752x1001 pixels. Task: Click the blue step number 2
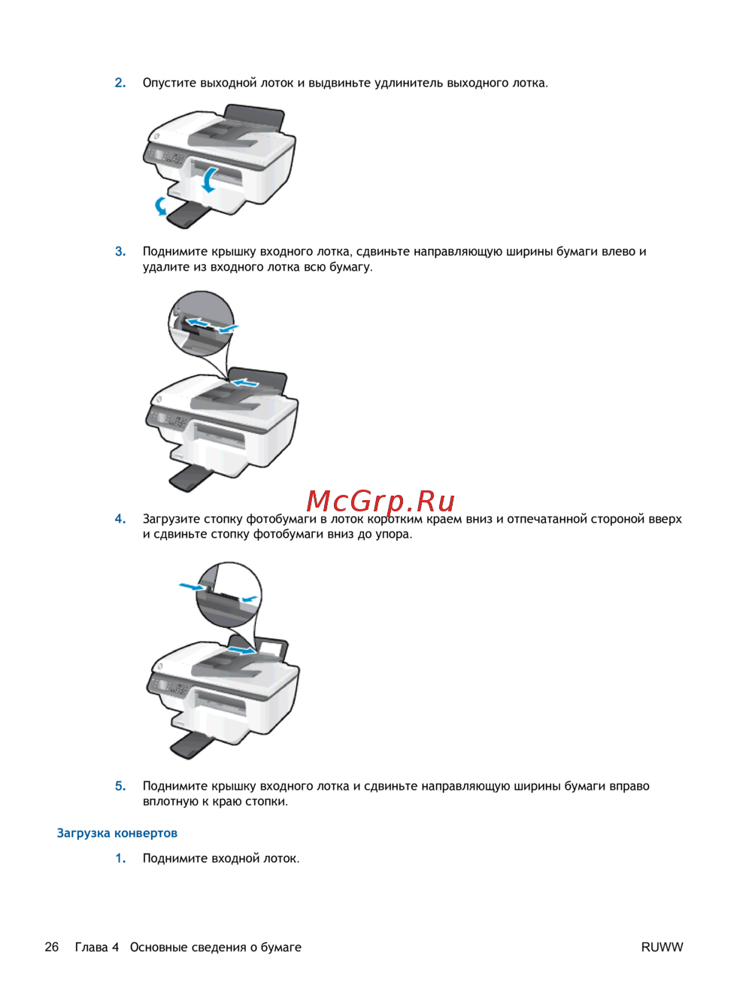tap(120, 83)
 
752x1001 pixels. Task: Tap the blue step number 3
tap(120, 251)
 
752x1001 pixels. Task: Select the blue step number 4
tap(120, 518)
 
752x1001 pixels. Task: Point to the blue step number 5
tap(120, 786)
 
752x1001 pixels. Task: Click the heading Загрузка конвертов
tap(117, 833)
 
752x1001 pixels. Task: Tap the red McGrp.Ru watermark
tap(381, 501)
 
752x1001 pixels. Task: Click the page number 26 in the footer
tap(52, 947)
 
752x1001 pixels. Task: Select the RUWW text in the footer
tap(662, 947)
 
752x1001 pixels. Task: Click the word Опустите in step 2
tap(169, 83)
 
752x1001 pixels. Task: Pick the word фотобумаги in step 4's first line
tap(281, 519)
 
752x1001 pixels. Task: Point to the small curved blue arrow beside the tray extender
tap(160, 206)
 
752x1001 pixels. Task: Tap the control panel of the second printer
tap(168, 420)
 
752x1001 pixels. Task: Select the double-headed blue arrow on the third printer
tap(241, 650)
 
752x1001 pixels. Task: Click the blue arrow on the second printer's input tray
tap(245, 382)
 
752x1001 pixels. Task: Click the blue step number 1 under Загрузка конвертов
tap(120, 858)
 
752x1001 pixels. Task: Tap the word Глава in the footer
tap(91, 947)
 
